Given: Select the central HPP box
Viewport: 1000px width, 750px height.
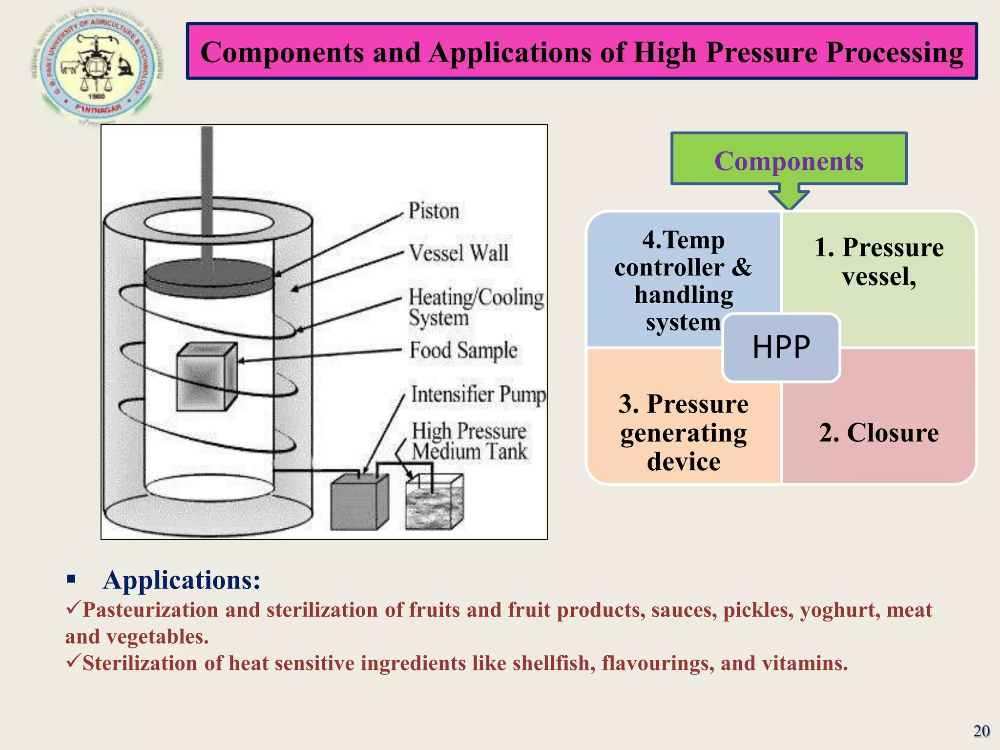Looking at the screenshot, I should pos(781,347).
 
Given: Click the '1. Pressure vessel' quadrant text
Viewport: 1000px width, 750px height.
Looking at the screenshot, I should pos(878,262).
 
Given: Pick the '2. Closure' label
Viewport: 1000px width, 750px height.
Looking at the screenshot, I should pos(878,433).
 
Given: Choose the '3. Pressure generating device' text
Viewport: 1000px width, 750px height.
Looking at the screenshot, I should pos(683,433).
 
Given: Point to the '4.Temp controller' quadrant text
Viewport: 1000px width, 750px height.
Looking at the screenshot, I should pos(683,281).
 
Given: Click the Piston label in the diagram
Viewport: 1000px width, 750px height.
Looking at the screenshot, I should pos(434,211).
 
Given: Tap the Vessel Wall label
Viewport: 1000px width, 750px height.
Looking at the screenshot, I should pos(458,253).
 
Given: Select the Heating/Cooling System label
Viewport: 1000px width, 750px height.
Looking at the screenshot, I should pos(476,307).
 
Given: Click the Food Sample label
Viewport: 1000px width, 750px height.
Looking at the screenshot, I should pos(463,350).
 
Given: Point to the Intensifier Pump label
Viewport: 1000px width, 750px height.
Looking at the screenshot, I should pos(478,395).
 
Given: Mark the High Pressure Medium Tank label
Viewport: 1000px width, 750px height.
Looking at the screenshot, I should pos(469,441).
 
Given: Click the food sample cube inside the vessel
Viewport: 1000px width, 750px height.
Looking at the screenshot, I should pos(206,377).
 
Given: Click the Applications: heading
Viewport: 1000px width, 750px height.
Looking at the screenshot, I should pos(182,580).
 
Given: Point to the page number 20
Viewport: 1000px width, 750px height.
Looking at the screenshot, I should pos(981,731).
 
